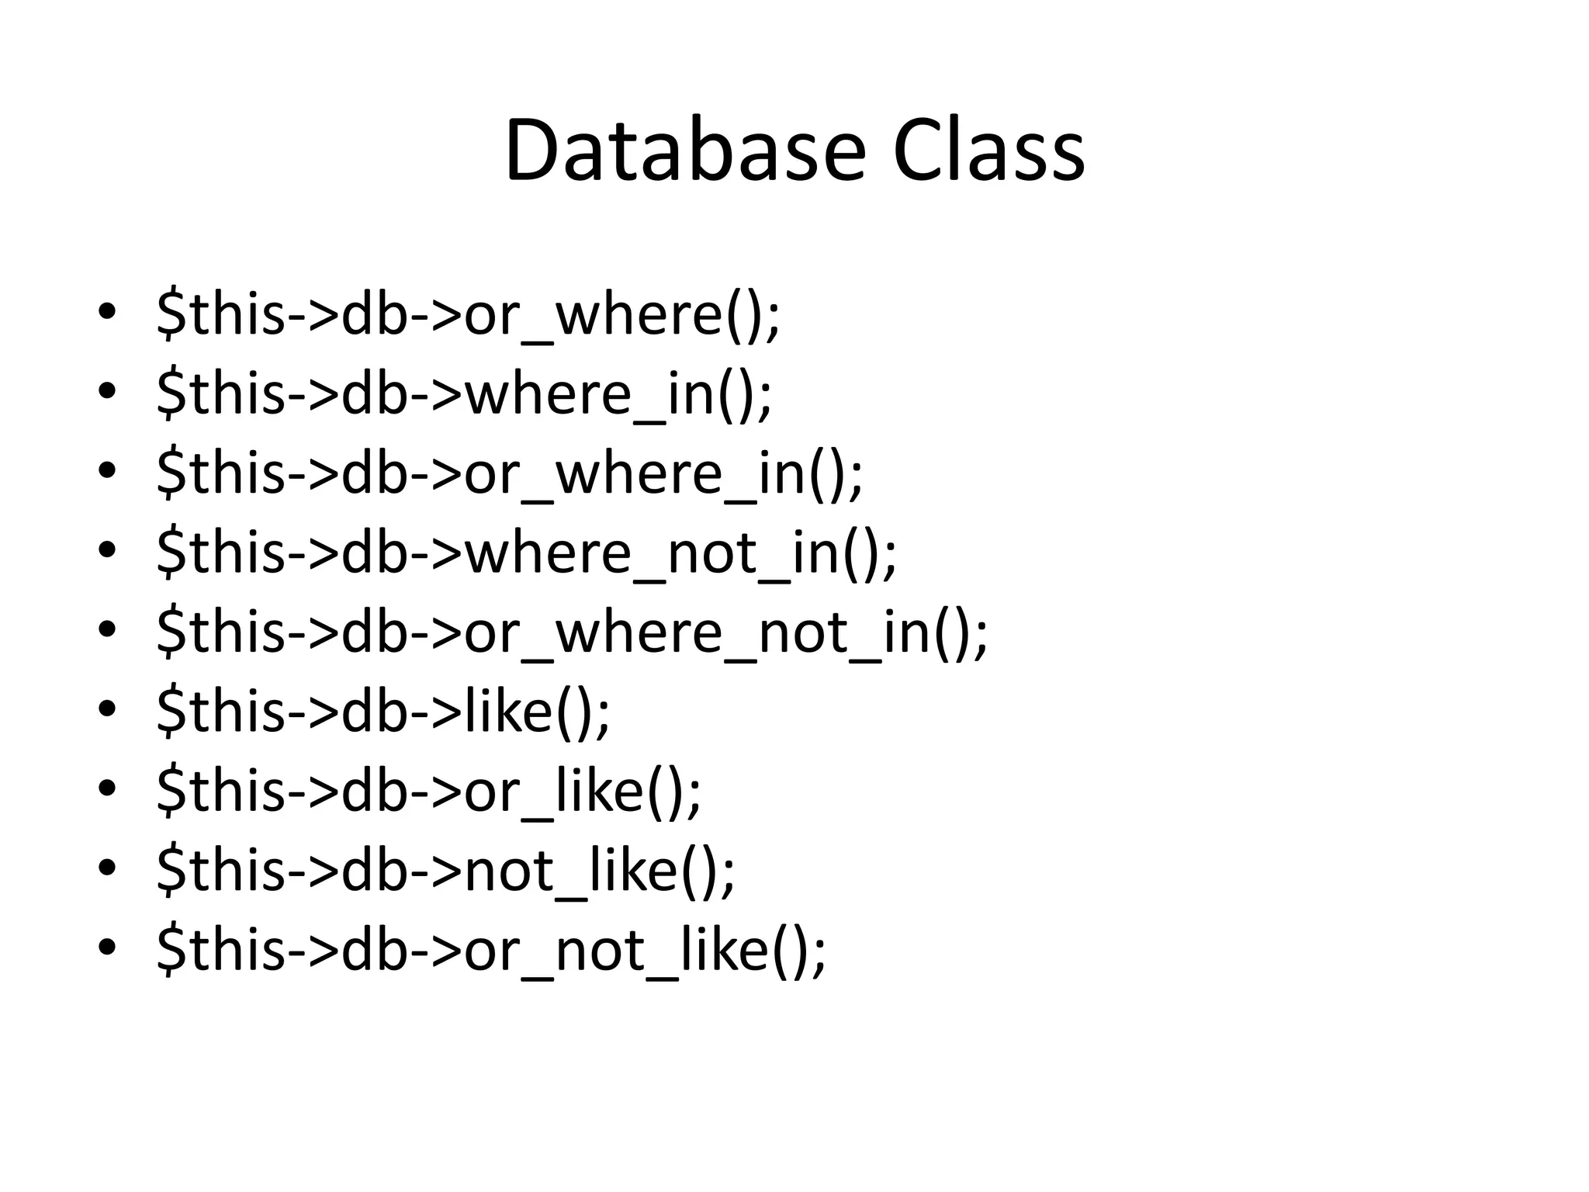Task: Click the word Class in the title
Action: click(988, 151)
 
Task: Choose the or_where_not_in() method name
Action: click(717, 633)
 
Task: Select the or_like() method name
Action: click(574, 792)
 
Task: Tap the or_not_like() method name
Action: click(636, 950)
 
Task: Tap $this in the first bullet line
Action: click(221, 315)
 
